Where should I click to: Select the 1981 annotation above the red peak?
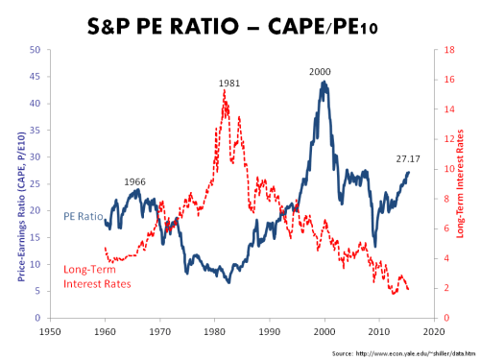[x=228, y=84]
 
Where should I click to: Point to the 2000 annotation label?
[x=322, y=72]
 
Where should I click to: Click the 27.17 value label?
[x=409, y=159]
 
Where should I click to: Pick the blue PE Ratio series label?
[x=84, y=218]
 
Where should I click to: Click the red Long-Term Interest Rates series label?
[x=99, y=276]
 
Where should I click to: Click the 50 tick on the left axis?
[x=36, y=50]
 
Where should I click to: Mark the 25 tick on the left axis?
[x=36, y=183]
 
